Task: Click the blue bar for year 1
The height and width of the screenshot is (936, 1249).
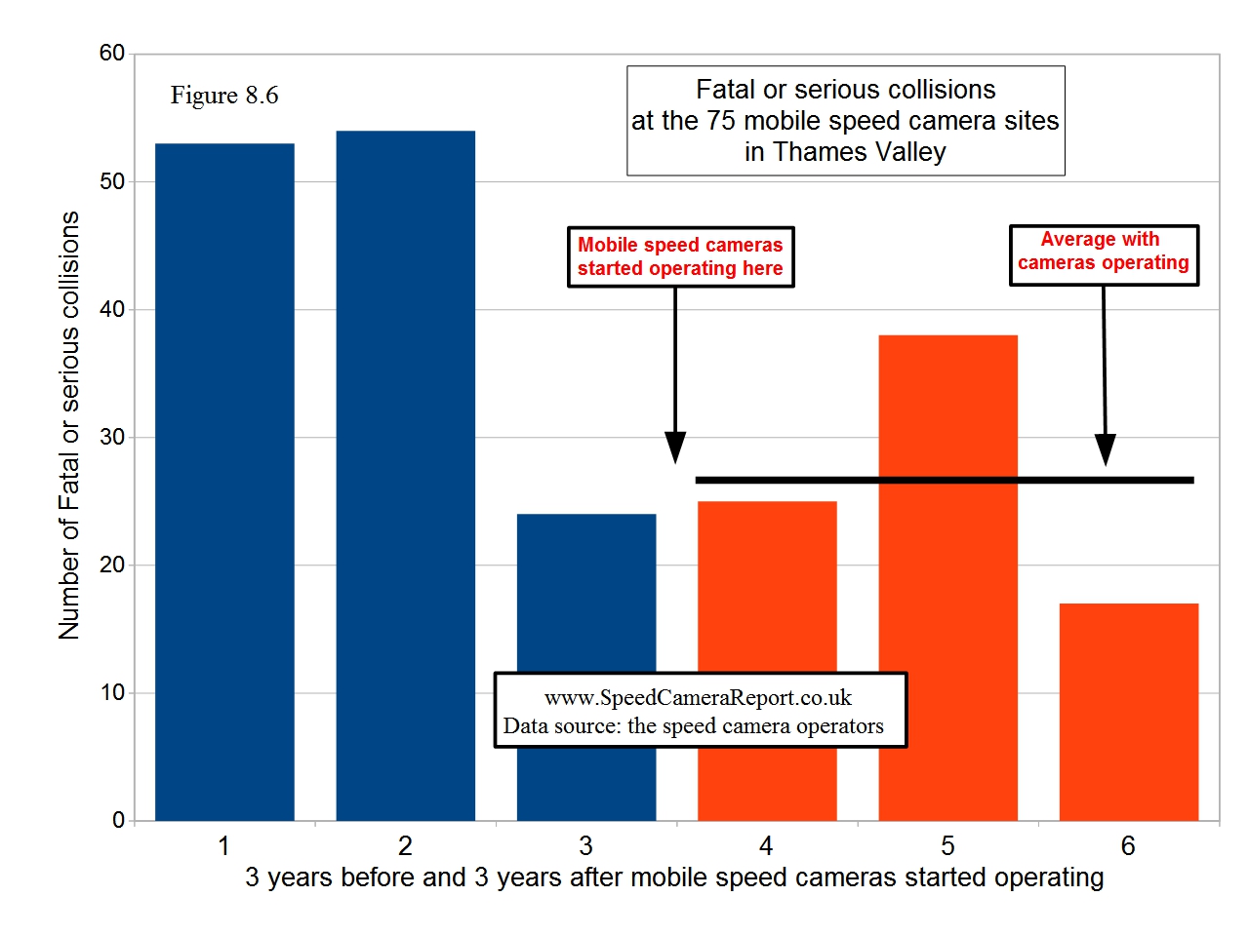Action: point(224,482)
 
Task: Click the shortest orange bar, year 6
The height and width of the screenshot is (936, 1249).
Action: point(1128,712)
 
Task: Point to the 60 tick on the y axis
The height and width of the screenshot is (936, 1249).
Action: point(112,54)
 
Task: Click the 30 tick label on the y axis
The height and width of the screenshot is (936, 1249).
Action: point(112,437)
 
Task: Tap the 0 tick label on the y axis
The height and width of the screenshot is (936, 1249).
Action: point(118,820)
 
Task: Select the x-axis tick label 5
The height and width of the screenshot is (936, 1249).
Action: point(947,845)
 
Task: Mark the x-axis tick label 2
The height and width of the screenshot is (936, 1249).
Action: point(405,845)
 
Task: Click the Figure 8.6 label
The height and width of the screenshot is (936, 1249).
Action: point(224,96)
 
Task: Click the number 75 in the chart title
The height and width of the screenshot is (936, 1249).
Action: point(721,121)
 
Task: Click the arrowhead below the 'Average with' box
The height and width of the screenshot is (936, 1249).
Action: point(1105,449)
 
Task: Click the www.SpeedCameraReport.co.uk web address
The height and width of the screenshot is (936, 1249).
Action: point(698,698)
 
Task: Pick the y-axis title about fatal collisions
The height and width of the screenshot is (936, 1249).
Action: point(69,425)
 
